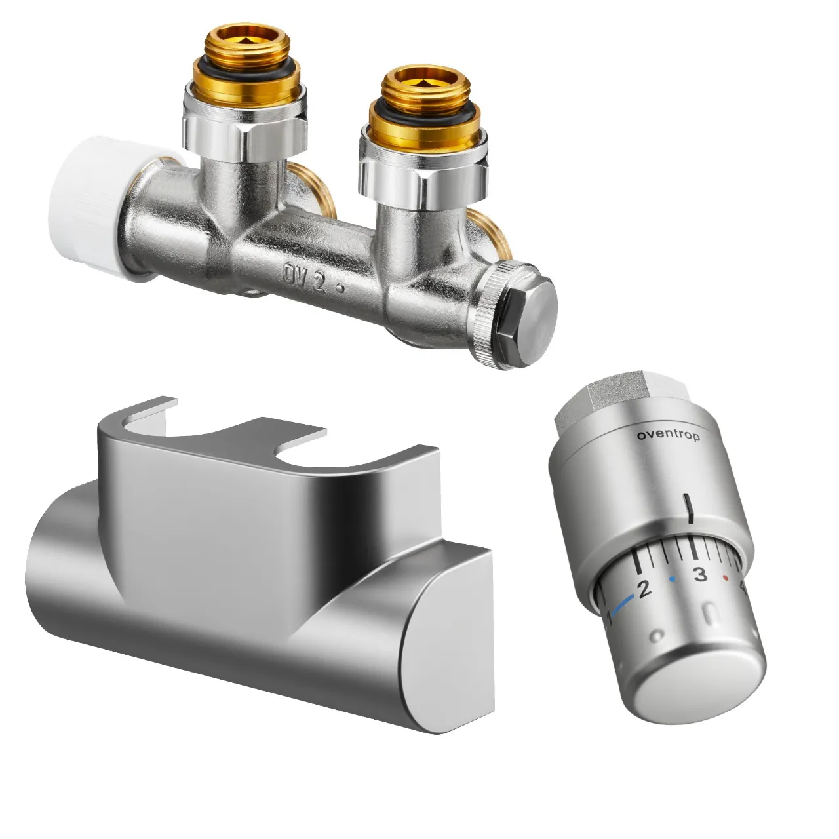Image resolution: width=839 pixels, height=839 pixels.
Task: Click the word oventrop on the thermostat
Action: click(669, 436)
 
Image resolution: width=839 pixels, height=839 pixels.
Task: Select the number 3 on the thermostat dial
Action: click(699, 574)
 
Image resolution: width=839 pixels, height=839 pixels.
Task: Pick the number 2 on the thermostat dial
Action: click(644, 589)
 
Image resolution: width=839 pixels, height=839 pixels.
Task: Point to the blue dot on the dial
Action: click(673, 579)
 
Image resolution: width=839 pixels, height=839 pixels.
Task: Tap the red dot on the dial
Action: click(726, 578)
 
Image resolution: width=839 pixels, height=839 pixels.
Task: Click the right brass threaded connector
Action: click(425, 108)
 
